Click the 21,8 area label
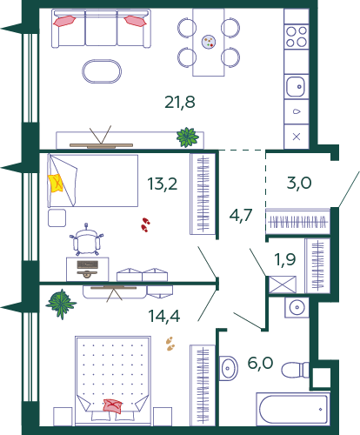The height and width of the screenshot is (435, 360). pyautogui.click(x=180, y=103)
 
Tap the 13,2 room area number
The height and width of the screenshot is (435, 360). pyautogui.click(x=163, y=184)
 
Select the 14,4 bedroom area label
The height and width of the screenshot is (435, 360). pyautogui.click(x=164, y=316)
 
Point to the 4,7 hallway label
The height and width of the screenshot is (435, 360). pyautogui.click(x=241, y=215)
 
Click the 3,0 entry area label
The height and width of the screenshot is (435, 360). pyautogui.click(x=299, y=183)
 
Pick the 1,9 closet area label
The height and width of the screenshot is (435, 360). pyautogui.click(x=285, y=259)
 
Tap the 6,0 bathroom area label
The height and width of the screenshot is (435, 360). pyautogui.click(x=261, y=363)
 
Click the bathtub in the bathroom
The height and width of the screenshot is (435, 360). pyautogui.click(x=293, y=409)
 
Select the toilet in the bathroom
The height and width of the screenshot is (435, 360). pyautogui.click(x=296, y=370)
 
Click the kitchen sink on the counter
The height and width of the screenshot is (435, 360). pyautogui.click(x=296, y=86)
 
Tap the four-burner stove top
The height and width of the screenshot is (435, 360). pyautogui.click(x=297, y=37)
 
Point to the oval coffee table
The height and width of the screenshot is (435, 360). pyautogui.click(x=102, y=71)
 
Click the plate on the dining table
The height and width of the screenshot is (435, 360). pyautogui.click(x=209, y=42)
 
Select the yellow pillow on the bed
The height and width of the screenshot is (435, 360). pyautogui.click(x=56, y=183)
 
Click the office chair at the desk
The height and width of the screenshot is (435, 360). pyautogui.click(x=86, y=240)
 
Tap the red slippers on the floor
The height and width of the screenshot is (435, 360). pyautogui.click(x=145, y=224)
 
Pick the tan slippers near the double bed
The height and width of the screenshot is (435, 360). pyautogui.click(x=170, y=344)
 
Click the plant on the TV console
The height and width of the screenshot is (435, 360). pyautogui.click(x=188, y=137)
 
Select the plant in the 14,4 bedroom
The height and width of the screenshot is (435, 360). pyautogui.click(x=61, y=304)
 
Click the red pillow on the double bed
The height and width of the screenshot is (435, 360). pyautogui.click(x=113, y=406)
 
